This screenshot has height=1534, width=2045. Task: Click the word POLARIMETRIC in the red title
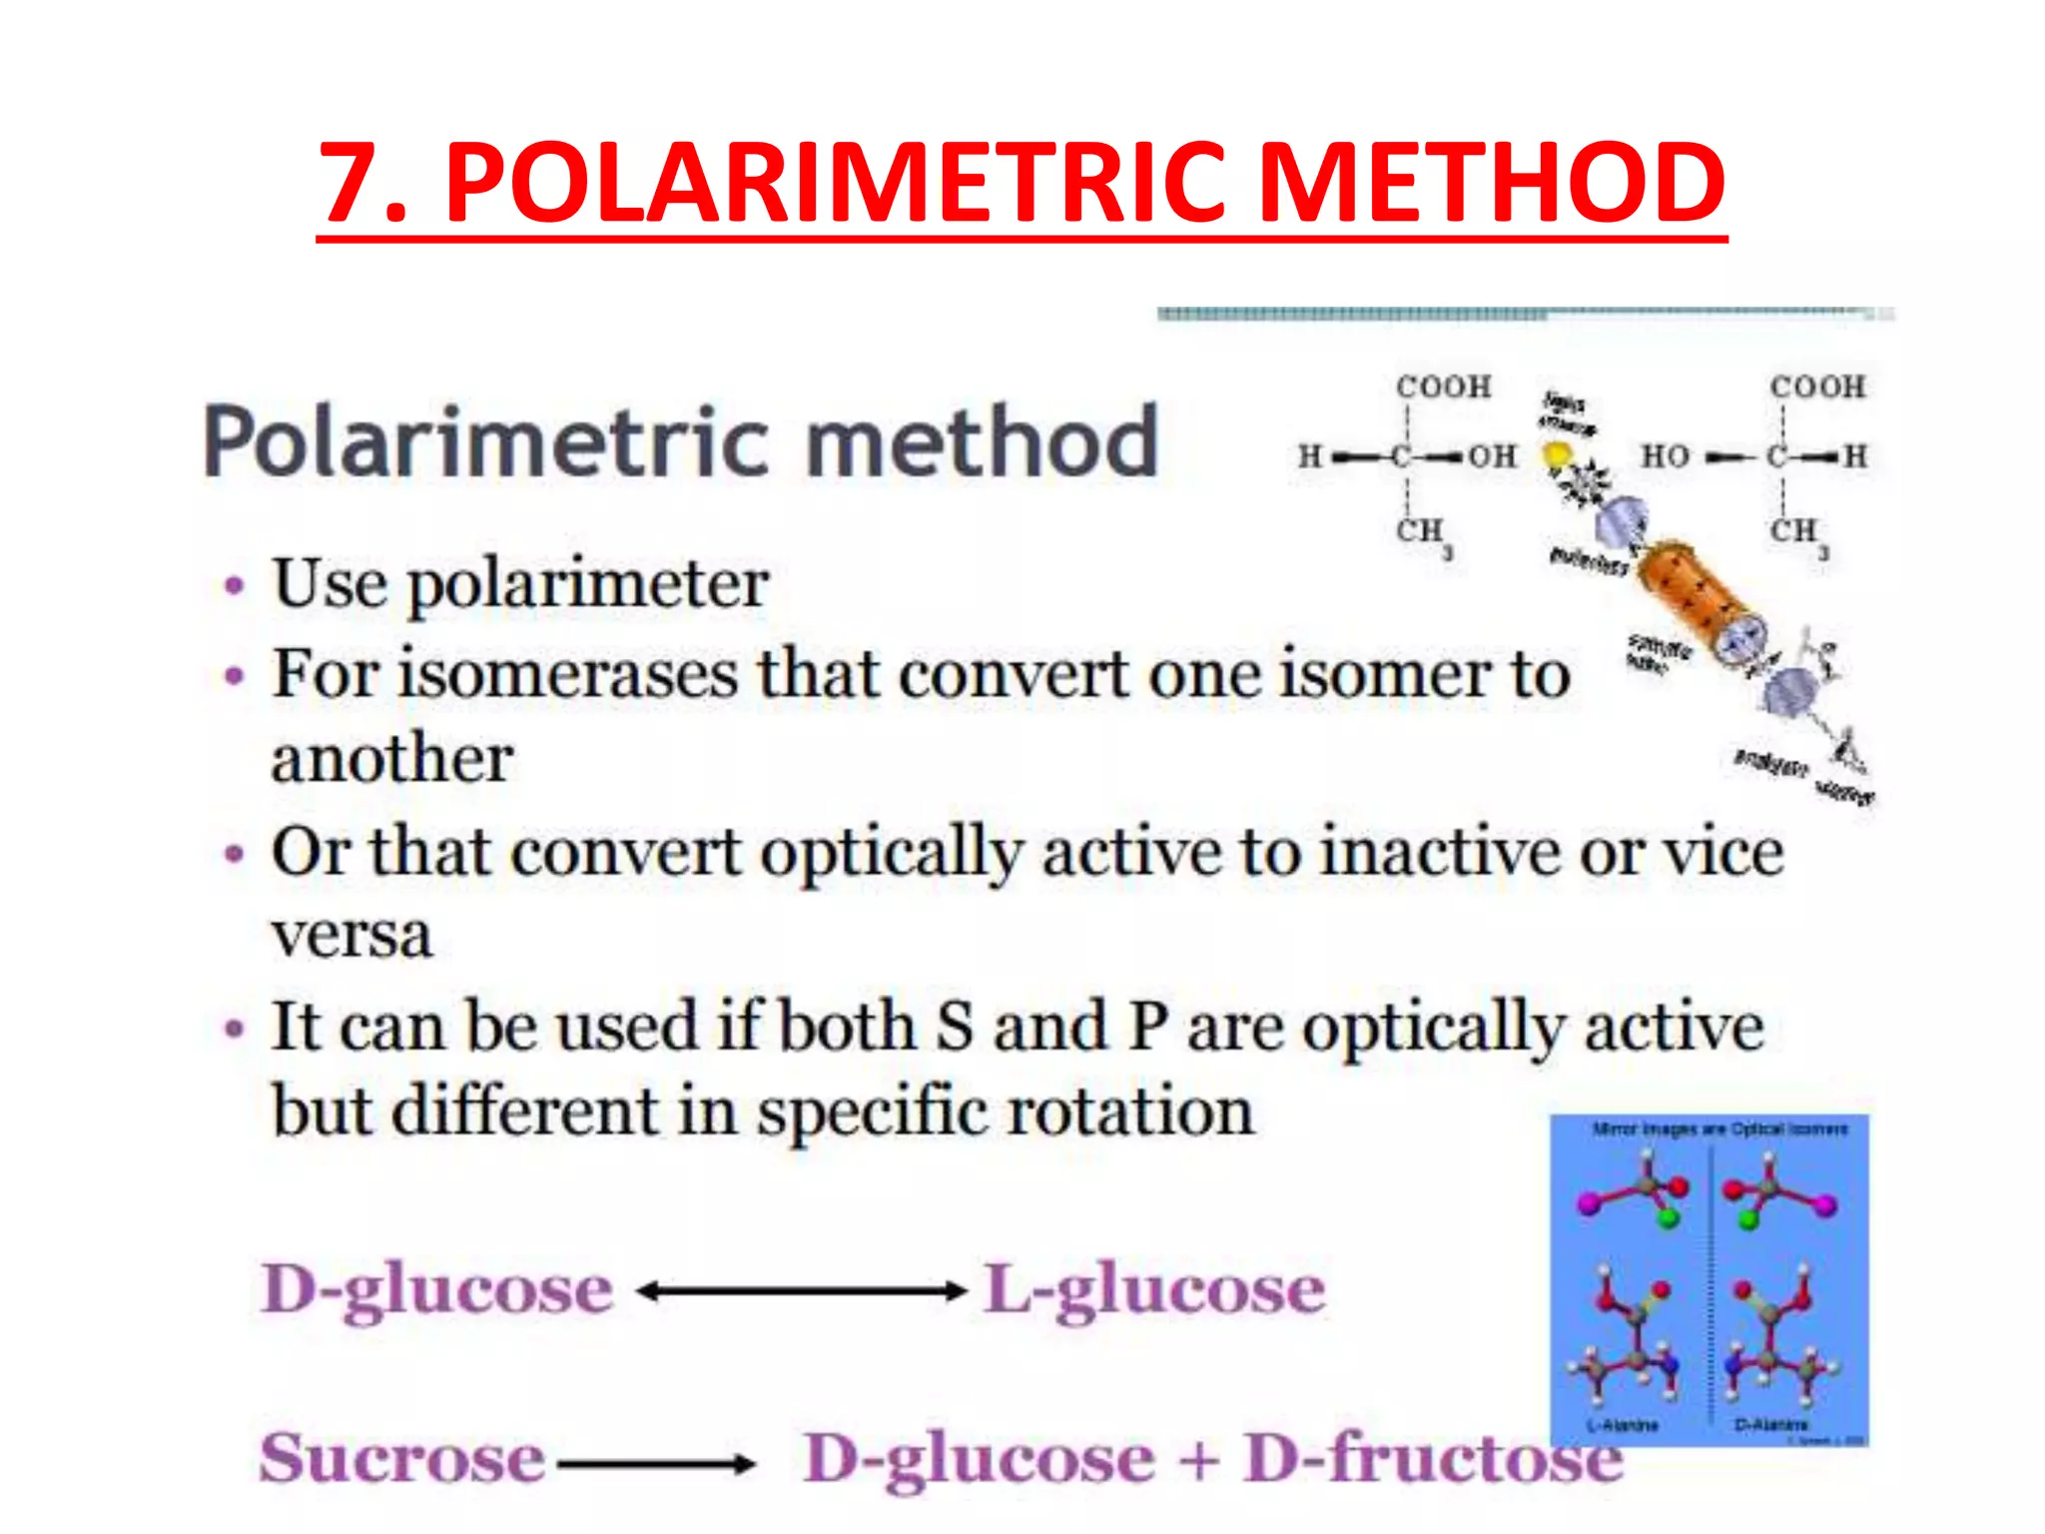point(834,182)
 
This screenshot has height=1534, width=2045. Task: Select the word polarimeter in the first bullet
point(588,585)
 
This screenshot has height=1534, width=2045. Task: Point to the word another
point(391,759)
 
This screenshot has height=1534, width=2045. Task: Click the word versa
point(351,936)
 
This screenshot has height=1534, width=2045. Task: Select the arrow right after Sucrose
point(656,1465)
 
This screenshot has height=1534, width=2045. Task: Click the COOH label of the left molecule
point(1443,386)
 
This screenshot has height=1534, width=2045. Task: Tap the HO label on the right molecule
point(1665,456)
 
